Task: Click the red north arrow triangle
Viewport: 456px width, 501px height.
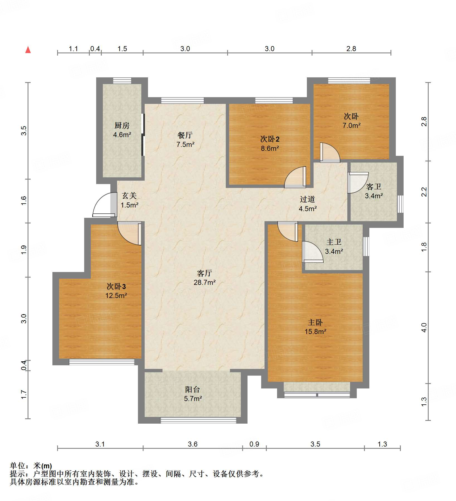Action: tap(28, 50)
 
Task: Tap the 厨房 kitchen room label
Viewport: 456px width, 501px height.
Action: tap(122, 125)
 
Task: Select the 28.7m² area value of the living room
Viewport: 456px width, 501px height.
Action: tap(205, 282)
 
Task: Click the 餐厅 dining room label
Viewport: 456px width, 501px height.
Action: tap(185, 135)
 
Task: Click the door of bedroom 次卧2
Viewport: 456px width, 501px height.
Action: tap(295, 177)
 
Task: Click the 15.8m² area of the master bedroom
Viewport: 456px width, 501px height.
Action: tap(316, 331)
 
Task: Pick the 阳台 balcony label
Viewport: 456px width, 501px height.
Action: tap(193, 389)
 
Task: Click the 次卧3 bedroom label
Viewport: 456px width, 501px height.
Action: tap(116, 286)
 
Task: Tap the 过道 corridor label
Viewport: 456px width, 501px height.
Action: tap(307, 199)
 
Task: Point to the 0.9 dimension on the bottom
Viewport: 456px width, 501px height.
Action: tap(254, 444)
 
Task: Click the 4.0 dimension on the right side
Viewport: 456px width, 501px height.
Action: tap(424, 327)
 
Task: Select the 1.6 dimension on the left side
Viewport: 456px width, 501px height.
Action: tap(24, 201)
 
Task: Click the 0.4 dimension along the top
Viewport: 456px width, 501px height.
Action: tap(95, 49)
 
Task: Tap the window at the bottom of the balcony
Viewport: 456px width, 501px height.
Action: tap(198, 420)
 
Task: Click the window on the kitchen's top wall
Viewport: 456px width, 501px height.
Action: tap(122, 80)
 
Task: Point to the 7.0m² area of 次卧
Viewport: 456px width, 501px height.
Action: tap(351, 125)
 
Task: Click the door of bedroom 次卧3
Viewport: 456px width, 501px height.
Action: tap(130, 233)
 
